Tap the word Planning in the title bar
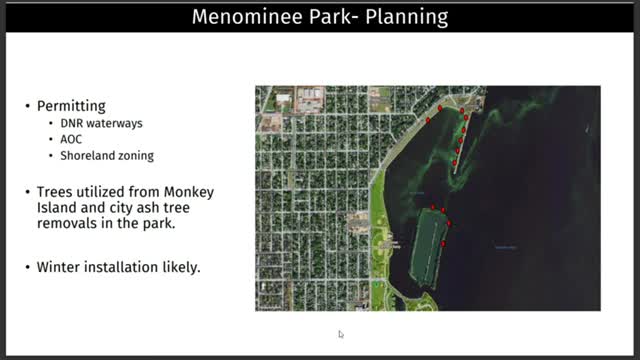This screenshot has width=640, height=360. (400, 17)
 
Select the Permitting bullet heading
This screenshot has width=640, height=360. (72, 105)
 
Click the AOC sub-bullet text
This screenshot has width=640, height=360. (71, 139)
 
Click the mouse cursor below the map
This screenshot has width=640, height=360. (340, 334)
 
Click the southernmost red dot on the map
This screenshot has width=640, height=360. (443, 243)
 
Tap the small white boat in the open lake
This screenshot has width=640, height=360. (588, 129)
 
